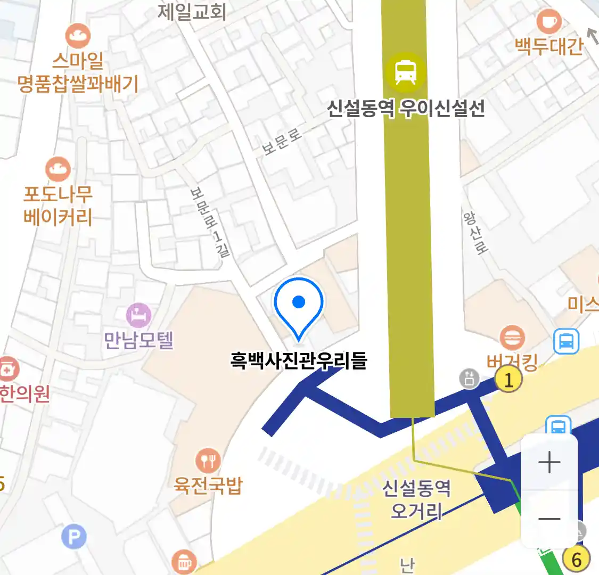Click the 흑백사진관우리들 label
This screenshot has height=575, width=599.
(299, 360)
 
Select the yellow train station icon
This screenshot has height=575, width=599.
(406, 71)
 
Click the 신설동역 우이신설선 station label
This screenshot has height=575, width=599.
(406, 109)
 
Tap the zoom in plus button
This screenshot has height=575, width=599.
(549, 462)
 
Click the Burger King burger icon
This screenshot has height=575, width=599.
(512, 338)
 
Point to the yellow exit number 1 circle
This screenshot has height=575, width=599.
(508, 380)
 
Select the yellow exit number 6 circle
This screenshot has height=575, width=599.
(576, 559)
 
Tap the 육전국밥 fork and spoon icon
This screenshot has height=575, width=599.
(208, 461)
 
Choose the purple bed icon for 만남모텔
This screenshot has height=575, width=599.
(138, 316)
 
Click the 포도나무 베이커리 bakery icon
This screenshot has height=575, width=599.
(58, 170)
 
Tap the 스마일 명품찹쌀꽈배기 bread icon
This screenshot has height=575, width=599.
(78, 37)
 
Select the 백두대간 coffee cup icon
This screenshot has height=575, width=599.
(549, 22)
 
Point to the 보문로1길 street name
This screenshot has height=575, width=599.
(210, 222)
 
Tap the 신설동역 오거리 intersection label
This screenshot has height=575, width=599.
(416, 499)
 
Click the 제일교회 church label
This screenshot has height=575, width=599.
(192, 12)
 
